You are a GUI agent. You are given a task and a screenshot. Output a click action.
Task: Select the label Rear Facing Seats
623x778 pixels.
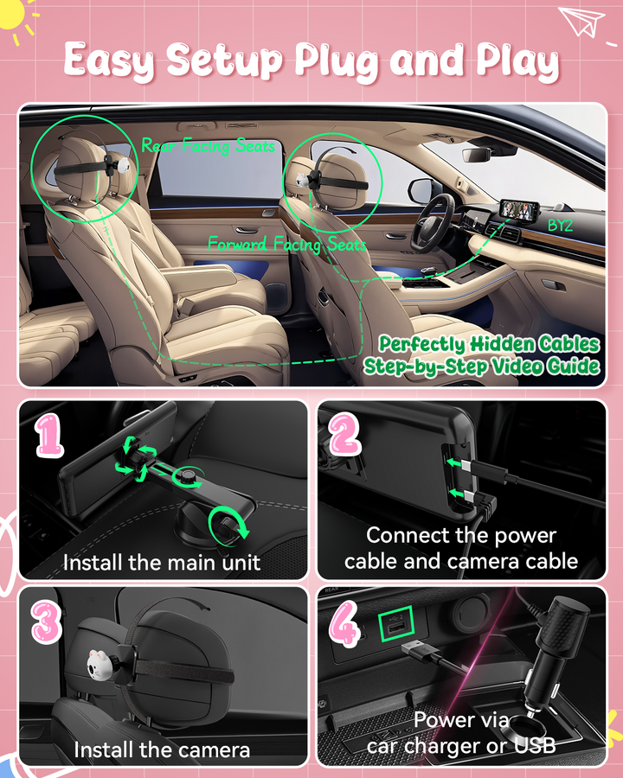point(208,145)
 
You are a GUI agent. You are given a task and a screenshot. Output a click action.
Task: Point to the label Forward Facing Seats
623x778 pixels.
point(287,244)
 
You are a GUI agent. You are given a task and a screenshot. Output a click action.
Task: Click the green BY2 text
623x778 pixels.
point(560,226)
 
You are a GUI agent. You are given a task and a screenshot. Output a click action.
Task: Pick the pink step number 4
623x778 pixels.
point(344,623)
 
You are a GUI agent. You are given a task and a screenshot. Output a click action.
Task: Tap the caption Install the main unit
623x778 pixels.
point(162,563)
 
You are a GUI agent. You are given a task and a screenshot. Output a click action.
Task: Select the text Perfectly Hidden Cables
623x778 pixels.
point(489,343)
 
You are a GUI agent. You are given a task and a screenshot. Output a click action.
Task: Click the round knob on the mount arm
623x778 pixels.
point(187,476)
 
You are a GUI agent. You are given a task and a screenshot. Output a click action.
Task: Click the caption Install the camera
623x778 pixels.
point(162,749)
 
